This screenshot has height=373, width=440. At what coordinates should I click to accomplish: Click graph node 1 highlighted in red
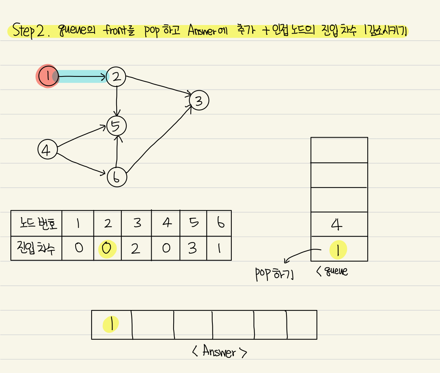tap(48, 76)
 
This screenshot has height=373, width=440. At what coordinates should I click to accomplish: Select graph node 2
tap(116, 77)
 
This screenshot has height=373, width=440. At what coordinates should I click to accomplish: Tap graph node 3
tap(199, 100)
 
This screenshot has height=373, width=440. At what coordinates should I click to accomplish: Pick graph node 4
tap(47, 150)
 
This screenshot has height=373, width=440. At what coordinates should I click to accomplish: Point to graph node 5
tap(116, 126)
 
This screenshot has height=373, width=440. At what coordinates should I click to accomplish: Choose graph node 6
tap(117, 177)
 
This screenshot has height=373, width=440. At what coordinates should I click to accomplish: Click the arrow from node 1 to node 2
tap(82, 77)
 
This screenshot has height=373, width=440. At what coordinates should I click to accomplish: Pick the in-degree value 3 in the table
tap(193, 248)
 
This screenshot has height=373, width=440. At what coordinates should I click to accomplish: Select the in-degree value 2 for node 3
tap(136, 248)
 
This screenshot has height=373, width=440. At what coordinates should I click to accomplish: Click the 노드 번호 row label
tap(36, 223)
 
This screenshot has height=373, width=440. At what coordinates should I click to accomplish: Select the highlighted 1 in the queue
tap(338, 249)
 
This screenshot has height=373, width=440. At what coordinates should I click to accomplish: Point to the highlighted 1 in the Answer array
tap(111, 324)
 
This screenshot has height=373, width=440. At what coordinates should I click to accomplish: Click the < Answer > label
tap(219, 352)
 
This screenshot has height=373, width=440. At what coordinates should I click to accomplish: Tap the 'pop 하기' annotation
tap(275, 274)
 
